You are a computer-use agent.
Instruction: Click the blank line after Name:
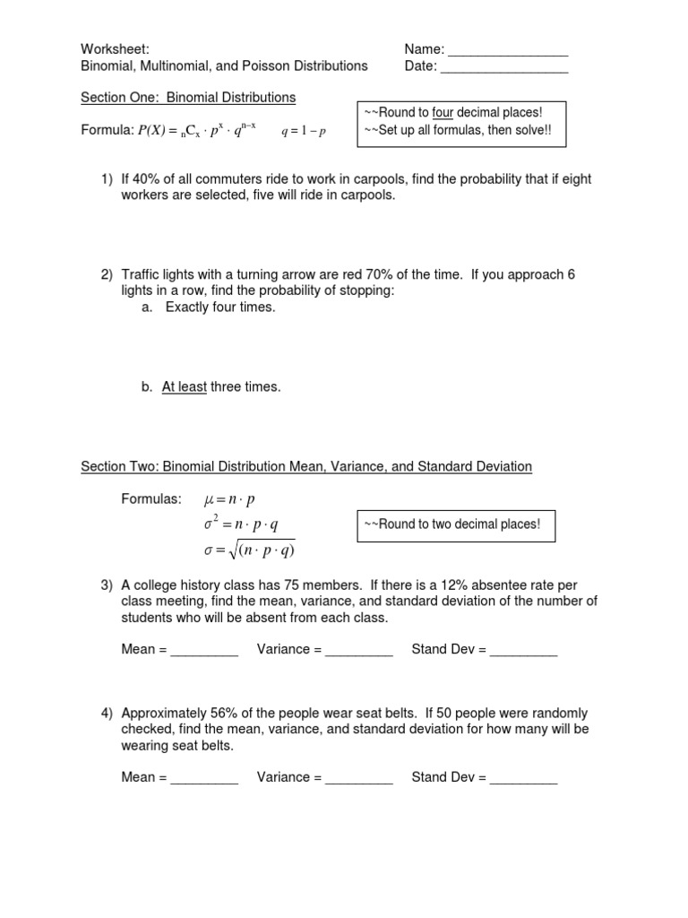[507, 49]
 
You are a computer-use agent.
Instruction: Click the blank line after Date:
[503, 66]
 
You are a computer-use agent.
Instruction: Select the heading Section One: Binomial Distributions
[188, 97]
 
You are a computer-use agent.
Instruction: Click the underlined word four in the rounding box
[443, 112]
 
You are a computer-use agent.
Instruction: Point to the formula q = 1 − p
[304, 131]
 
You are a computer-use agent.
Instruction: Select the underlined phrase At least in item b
[184, 387]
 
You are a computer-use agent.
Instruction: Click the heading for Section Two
[306, 466]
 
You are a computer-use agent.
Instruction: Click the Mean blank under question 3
[204, 650]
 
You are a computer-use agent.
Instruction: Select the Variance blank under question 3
[358, 650]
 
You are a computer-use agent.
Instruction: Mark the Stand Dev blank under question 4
[523, 778]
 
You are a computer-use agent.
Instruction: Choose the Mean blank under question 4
[204, 778]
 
